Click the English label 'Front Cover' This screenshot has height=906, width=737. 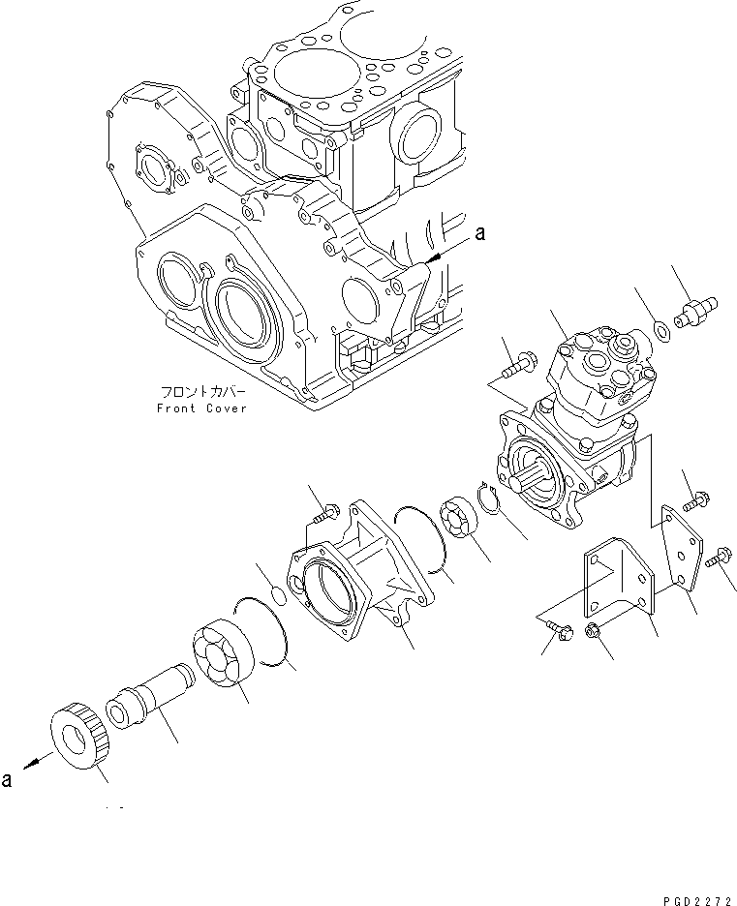point(201,408)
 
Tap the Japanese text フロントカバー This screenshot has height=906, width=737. point(200,393)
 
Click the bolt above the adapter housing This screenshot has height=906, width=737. point(326,509)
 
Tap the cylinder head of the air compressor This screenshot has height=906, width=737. point(596,373)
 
